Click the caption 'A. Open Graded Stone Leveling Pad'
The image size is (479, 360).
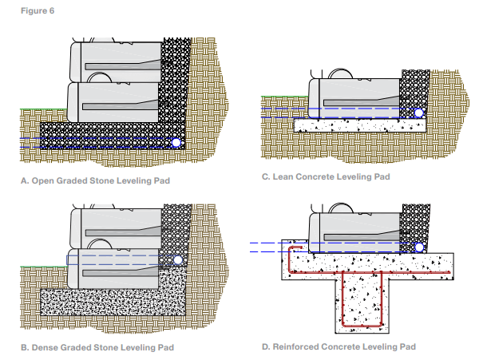[x=94, y=181]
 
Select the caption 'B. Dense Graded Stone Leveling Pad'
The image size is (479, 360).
[x=96, y=347]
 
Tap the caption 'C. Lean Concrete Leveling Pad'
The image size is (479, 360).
[x=326, y=176]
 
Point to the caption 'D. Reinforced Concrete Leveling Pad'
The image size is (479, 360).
[x=338, y=346]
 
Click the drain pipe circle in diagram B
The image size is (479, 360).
[x=178, y=260]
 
